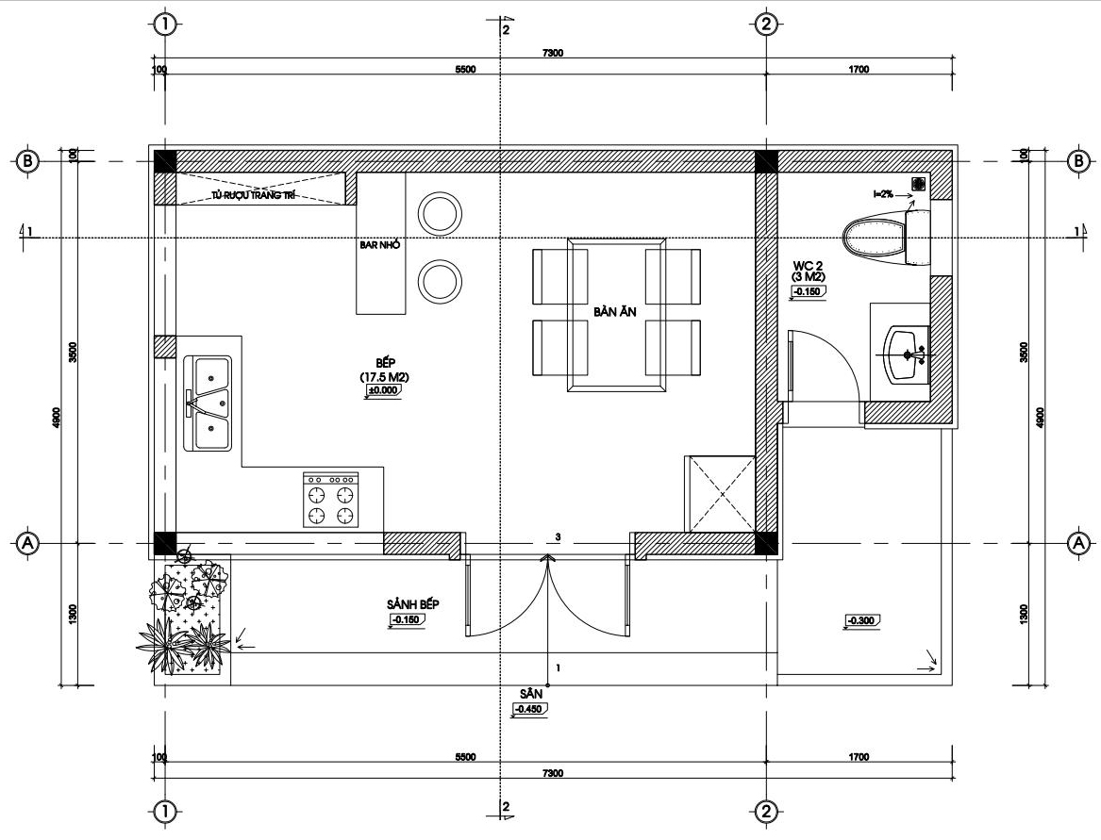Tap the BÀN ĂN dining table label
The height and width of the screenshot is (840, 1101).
click(x=614, y=311)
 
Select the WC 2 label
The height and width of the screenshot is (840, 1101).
click(x=808, y=265)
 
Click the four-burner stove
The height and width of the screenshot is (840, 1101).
click(x=331, y=500)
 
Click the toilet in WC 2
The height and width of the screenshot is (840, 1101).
click(x=886, y=239)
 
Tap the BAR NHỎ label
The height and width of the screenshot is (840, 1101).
click(x=379, y=245)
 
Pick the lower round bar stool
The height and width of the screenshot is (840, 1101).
click(x=441, y=281)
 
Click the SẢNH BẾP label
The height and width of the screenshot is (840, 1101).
click(x=413, y=604)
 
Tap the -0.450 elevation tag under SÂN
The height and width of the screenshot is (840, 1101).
click(x=529, y=709)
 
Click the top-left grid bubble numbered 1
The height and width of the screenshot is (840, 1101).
click(x=165, y=25)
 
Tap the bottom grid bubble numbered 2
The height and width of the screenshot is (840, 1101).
click(x=766, y=813)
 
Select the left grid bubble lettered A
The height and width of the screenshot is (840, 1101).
click(x=27, y=542)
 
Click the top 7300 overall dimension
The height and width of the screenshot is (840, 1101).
click(x=553, y=53)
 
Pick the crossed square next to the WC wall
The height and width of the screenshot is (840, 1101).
click(x=722, y=495)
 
